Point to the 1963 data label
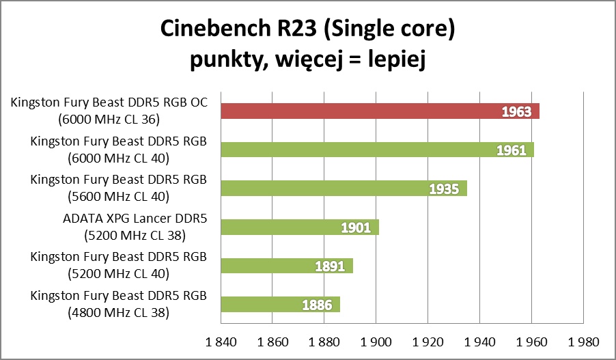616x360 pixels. pyautogui.click(x=516, y=111)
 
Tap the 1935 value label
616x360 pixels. pyautogui.click(x=444, y=189)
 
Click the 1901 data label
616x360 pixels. pyautogui.click(x=356, y=227)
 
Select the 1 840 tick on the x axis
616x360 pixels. pyautogui.click(x=219, y=341)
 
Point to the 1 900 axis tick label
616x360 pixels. pyautogui.click(x=375, y=341)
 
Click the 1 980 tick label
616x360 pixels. pyautogui.click(x=583, y=341)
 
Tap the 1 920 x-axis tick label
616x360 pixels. pyautogui.click(x=427, y=341)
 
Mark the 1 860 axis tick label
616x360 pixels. pyautogui.click(x=271, y=341)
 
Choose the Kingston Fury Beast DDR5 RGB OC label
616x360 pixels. pyautogui.click(x=109, y=104)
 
